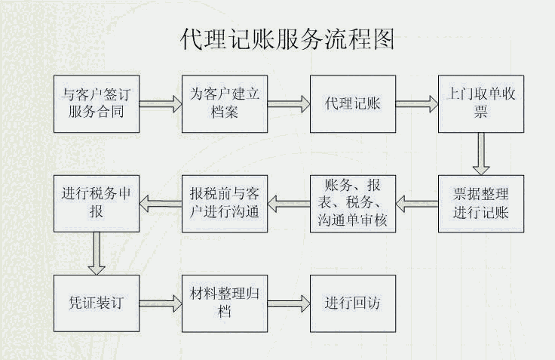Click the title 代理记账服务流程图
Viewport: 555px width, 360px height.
pos(287,38)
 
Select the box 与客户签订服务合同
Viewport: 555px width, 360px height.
pos(96,104)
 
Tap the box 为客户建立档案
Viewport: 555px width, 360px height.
pos(224,104)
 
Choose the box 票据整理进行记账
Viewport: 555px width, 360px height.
pos(481,203)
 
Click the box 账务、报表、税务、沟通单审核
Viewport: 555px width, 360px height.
pos(352,203)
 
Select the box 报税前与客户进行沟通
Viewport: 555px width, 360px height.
pos(224,203)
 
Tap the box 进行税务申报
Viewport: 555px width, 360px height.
pos(96,203)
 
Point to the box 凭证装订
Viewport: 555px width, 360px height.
pos(96,303)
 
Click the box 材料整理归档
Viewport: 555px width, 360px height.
pos(224,303)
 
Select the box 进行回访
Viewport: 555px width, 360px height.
pos(352,303)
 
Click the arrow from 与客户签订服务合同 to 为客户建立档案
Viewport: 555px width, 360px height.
pos(160,104)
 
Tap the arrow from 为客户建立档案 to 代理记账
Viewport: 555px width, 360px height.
pos(289,104)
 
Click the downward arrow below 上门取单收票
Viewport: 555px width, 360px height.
pos(480,155)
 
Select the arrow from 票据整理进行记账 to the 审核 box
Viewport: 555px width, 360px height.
pos(417,202)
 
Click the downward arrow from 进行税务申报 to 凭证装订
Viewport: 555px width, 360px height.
pos(96,254)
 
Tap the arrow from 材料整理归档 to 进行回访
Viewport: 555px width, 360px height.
pos(289,303)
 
